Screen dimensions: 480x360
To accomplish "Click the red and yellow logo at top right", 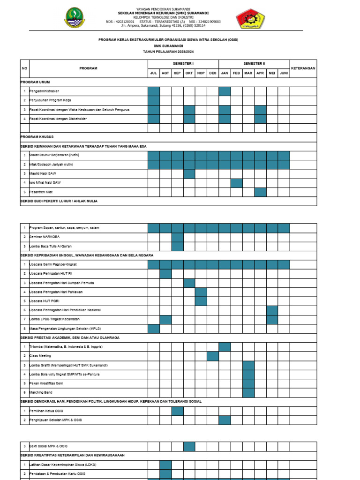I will click(x=250, y=19).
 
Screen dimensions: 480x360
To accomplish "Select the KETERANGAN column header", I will click(x=303, y=68).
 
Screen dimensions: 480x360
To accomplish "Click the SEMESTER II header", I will click(x=254, y=63).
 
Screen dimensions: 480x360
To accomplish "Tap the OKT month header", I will click(x=189, y=73).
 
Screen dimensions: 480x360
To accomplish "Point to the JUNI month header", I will click(x=284, y=73).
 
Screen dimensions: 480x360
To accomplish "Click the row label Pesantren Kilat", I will click(x=42, y=192).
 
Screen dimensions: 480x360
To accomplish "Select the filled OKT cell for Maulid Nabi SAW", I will click(x=189, y=174).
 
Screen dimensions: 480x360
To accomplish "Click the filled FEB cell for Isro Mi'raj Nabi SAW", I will click(x=237, y=183).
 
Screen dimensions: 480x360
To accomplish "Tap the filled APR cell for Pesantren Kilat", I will click(x=260, y=192).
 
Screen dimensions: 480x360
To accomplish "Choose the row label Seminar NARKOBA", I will click(x=45, y=237).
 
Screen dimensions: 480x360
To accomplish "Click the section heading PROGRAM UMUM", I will click(x=35, y=82).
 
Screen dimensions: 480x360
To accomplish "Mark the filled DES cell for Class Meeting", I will click(x=213, y=356).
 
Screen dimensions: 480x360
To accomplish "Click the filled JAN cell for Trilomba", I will click(x=225, y=346).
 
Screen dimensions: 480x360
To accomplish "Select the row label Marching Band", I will click(x=41, y=392).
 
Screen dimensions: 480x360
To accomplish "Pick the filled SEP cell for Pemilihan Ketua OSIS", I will click(x=177, y=411).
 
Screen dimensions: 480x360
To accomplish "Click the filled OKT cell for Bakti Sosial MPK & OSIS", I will click(x=189, y=446).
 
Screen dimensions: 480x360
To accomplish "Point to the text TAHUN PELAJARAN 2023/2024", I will click(x=168, y=52).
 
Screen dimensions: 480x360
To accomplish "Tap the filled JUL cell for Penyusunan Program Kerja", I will click(x=154, y=100).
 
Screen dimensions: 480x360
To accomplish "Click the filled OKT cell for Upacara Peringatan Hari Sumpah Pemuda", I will click(x=189, y=283).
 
